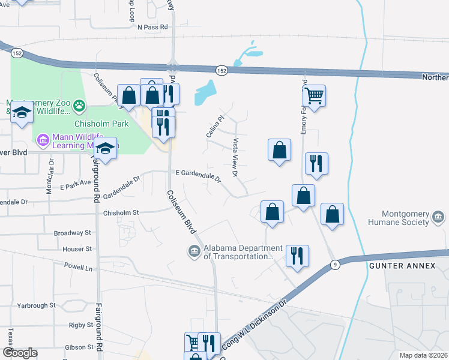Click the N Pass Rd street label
[x=152, y=27]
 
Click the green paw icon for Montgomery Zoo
[x=79, y=107]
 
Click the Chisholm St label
[x=121, y=212]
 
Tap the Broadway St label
[x=73, y=233]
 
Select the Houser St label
[x=77, y=248]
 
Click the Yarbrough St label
[x=36, y=305]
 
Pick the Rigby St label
[x=80, y=325]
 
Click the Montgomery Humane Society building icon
[x=439, y=217]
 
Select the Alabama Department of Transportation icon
[x=194, y=251]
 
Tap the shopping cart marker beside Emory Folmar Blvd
[x=314, y=95]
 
